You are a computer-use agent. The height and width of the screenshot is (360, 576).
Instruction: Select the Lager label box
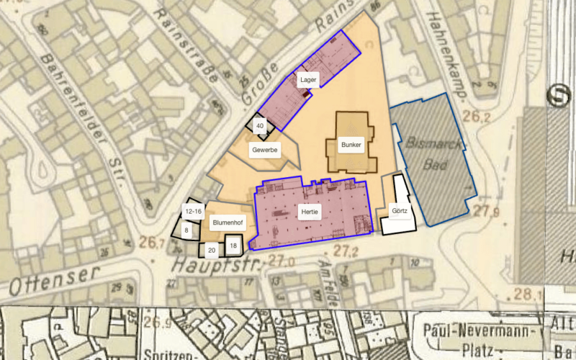coord(307,79)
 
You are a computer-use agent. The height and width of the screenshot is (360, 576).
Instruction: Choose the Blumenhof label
coord(229,225)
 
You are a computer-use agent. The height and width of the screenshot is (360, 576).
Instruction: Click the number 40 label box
coord(261,126)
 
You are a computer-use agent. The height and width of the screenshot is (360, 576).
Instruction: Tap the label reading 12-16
coord(193,212)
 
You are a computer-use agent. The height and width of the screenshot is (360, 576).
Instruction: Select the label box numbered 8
coord(186,230)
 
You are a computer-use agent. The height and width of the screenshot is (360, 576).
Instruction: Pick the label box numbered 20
coord(212,251)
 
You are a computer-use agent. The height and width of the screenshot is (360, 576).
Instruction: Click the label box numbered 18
coord(233,246)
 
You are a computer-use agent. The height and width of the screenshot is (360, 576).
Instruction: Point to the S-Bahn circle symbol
coord(557,96)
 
